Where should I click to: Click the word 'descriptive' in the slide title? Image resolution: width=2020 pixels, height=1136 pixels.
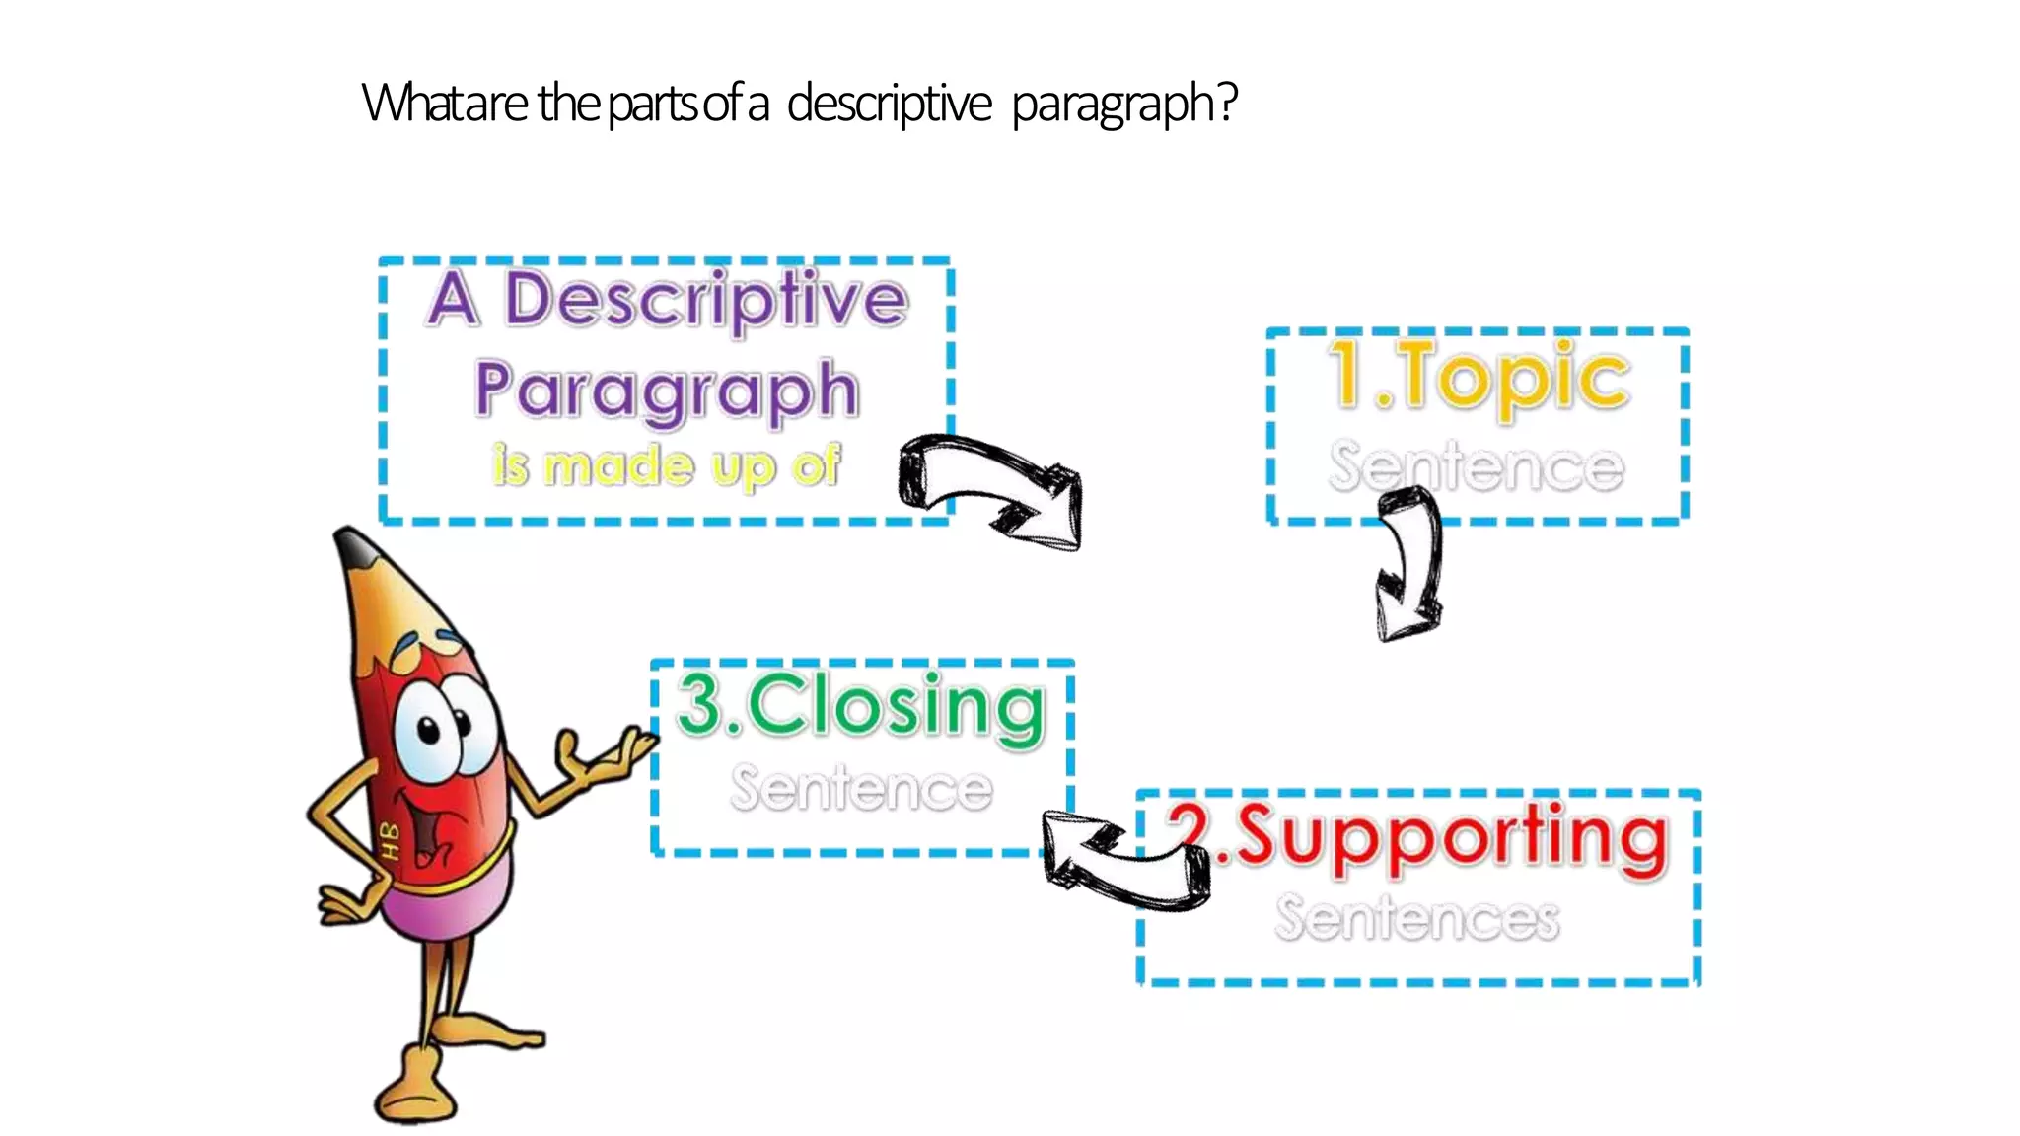coord(889,104)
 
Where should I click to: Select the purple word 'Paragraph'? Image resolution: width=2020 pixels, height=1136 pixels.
coord(667,390)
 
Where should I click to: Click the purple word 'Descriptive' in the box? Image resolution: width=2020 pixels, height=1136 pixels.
coord(706,299)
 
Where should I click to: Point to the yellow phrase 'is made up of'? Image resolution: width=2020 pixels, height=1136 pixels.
coord(667,465)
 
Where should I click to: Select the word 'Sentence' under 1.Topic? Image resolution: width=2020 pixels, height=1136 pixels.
coord(1476,466)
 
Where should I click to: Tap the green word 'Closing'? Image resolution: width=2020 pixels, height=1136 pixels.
coord(895,706)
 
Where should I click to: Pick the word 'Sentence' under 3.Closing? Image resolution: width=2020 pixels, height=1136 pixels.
coord(861,789)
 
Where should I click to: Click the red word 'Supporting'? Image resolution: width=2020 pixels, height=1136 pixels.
coord(1451,837)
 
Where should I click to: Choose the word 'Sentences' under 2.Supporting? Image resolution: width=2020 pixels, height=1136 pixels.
coord(1417,918)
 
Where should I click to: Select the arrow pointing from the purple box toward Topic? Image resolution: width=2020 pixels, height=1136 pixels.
coord(990,488)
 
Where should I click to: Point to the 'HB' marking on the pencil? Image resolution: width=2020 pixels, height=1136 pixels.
coord(390,840)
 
